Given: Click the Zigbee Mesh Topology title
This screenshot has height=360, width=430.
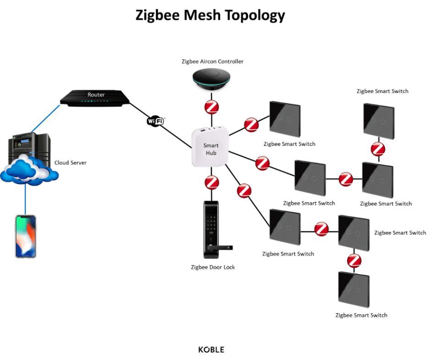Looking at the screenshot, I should click(x=210, y=16).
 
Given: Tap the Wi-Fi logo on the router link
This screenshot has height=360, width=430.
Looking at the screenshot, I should click(x=155, y=121).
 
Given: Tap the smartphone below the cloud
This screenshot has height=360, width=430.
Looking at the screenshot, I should click(x=25, y=236).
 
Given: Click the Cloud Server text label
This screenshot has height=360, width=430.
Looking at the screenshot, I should click(x=70, y=163).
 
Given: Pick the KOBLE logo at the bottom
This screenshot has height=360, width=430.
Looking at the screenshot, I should click(x=211, y=349).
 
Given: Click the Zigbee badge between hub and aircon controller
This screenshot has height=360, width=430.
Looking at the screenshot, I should click(x=211, y=108).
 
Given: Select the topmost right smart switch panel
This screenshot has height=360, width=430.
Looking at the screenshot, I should click(x=378, y=122).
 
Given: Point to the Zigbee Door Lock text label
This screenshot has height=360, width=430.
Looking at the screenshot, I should click(x=213, y=267).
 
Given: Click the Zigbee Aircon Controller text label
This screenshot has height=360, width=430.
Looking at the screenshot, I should click(x=211, y=61).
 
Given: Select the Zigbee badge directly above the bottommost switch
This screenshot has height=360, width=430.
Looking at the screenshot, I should click(x=354, y=260).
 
